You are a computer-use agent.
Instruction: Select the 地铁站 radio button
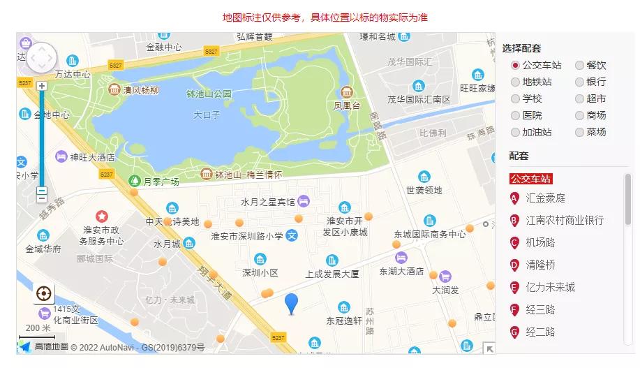click(x=516, y=82)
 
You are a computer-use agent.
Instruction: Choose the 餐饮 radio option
click(x=580, y=66)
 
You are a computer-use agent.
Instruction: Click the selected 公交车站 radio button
click(x=516, y=66)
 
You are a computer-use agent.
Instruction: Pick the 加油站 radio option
click(x=516, y=133)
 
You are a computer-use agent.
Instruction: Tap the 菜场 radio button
click(x=580, y=133)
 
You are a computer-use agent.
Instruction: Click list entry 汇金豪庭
click(x=545, y=198)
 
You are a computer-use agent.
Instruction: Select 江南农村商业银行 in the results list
click(x=565, y=221)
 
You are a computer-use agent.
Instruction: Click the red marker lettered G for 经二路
click(x=515, y=332)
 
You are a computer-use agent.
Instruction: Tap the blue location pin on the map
click(x=292, y=304)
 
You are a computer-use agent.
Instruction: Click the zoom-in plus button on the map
click(x=42, y=86)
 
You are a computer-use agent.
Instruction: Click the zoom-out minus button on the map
click(x=42, y=191)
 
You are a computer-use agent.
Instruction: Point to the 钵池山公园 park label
click(x=209, y=94)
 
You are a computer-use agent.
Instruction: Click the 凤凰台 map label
click(x=347, y=106)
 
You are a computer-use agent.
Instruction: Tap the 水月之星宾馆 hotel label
click(x=267, y=203)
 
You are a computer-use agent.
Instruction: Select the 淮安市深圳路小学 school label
click(x=248, y=236)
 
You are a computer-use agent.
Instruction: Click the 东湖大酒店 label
click(x=401, y=271)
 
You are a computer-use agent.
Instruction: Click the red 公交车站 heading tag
click(x=530, y=179)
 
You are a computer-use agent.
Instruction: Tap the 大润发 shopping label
click(x=445, y=289)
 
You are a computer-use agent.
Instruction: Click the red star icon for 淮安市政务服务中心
click(x=102, y=216)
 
